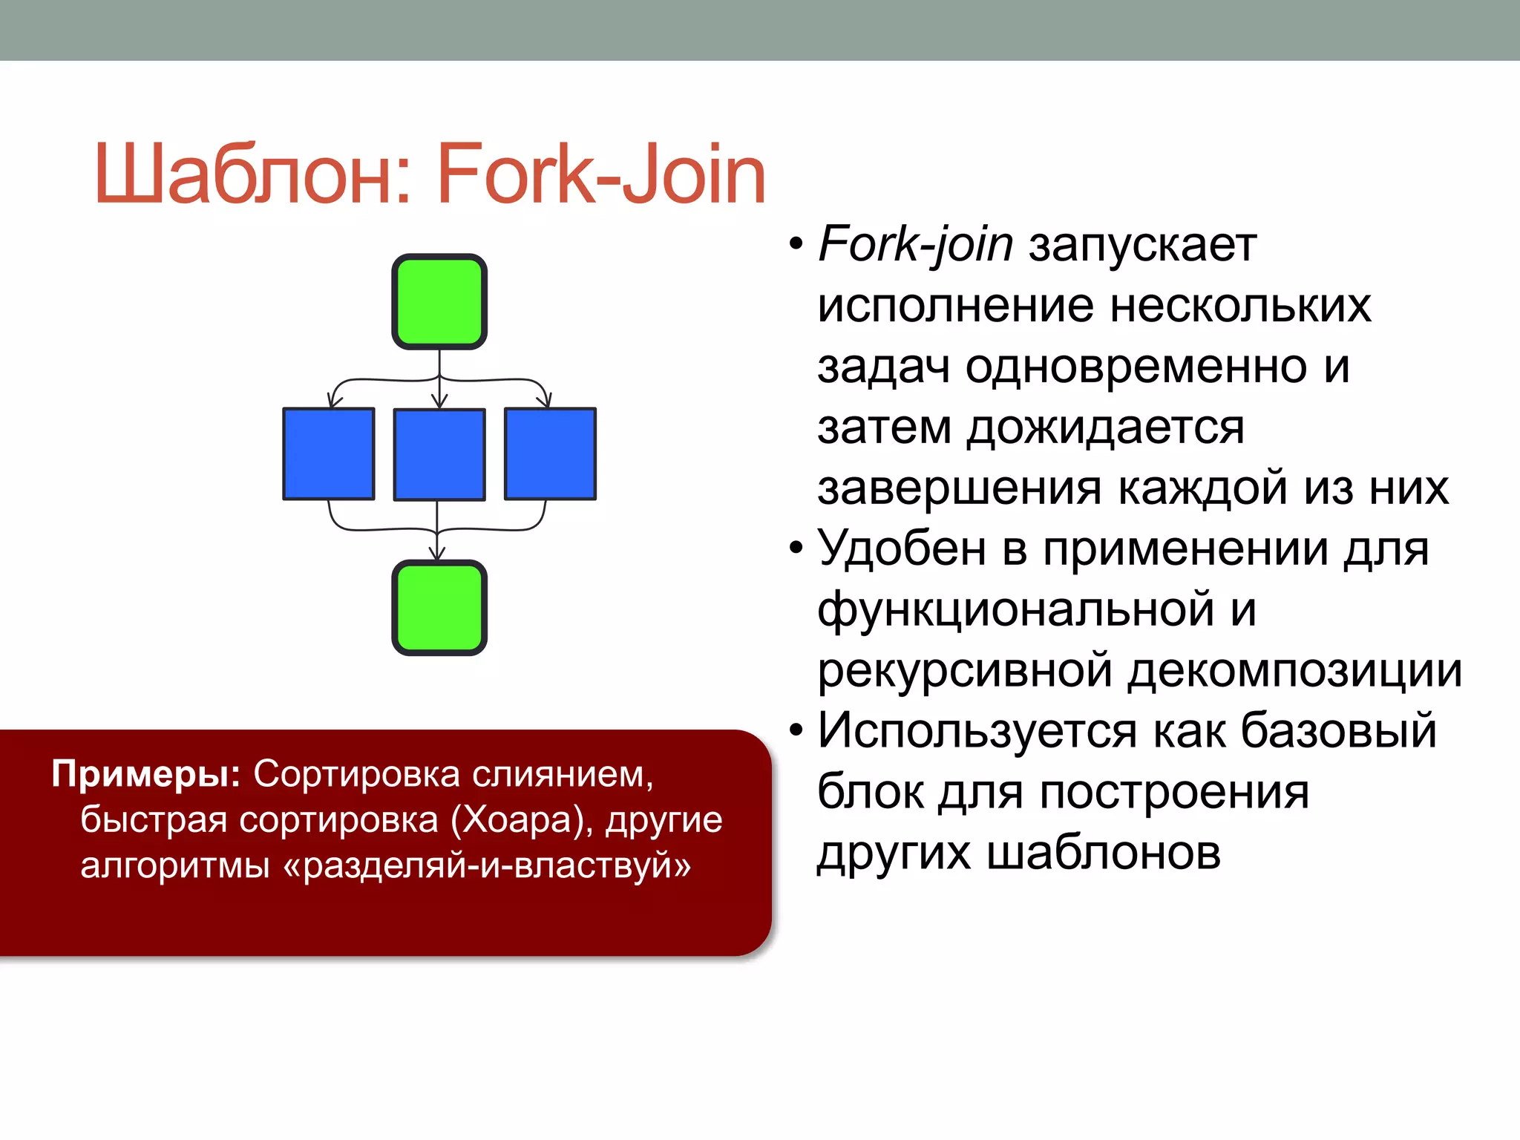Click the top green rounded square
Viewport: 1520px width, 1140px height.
click(439, 301)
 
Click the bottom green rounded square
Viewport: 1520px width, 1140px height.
click(439, 608)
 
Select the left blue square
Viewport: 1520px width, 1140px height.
click(329, 453)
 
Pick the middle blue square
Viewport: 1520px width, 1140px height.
click(439, 454)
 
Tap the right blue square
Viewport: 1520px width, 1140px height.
click(550, 453)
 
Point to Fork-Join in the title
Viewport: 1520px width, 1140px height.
click(601, 175)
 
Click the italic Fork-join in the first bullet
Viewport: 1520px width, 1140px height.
click(915, 244)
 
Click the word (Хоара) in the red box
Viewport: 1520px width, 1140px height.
click(521, 820)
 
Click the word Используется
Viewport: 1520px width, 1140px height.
click(977, 730)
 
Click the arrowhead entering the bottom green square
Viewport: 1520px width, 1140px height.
click(437, 554)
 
